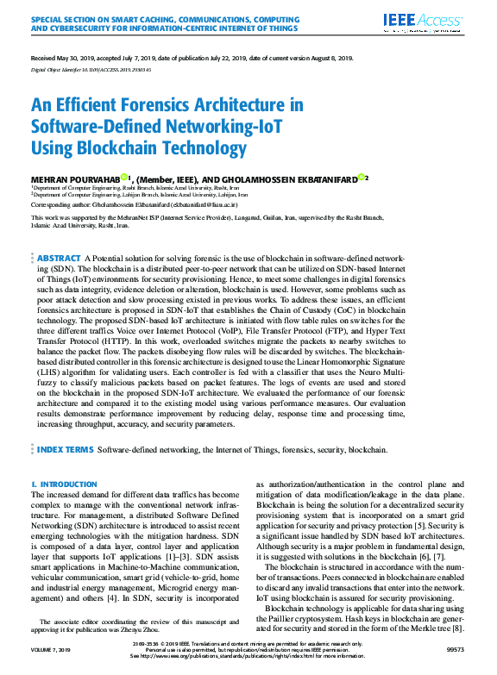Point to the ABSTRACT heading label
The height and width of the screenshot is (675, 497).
[x=60, y=258]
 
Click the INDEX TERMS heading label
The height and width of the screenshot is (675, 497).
[x=66, y=449]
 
